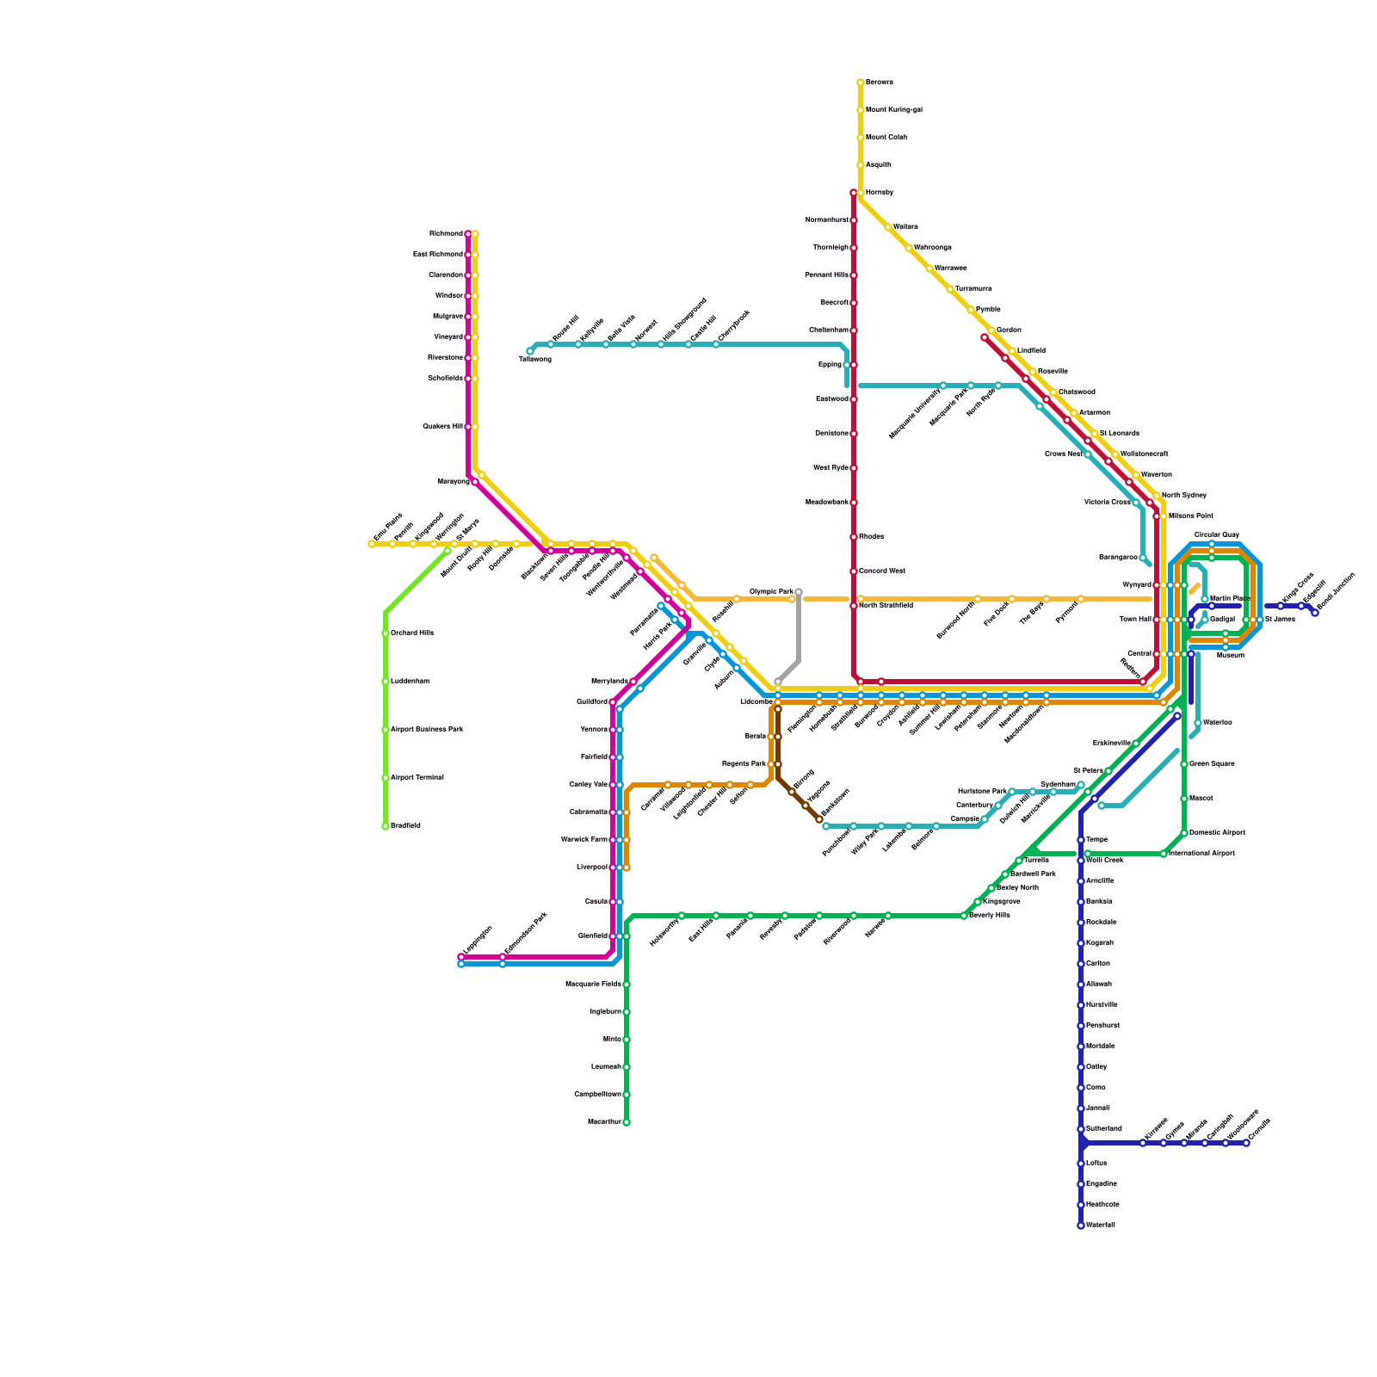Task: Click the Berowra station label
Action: tap(879, 83)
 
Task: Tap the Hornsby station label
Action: tap(879, 193)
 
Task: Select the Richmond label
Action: tap(446, 234)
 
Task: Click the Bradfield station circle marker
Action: tap(386, 826)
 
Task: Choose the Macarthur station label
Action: tap(603, 1122)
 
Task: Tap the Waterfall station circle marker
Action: tap(1081, 1226)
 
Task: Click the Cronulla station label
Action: tap(1259, 1128)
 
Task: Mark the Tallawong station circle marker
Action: tap(530, 351)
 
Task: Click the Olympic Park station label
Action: tap(771, 592)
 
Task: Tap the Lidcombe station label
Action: tap(756, 702)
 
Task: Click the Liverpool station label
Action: tap(591, 868)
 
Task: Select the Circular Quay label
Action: tap(1217, 535)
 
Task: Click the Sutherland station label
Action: tap(1104, 1129)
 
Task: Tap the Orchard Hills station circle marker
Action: tap(386, 633)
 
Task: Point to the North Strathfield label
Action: tap(886, 606)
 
